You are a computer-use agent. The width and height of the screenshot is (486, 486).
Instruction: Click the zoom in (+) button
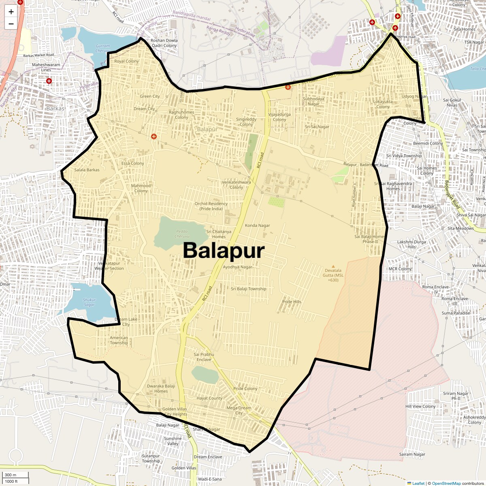point(11,12)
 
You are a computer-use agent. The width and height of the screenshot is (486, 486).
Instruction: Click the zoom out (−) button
point(11,23)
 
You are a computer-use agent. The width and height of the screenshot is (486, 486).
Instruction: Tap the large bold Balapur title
point(224,250)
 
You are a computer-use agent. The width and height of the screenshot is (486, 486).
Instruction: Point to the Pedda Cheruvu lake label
point(182,234)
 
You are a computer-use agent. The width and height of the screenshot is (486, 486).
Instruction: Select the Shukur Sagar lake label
point(89,302)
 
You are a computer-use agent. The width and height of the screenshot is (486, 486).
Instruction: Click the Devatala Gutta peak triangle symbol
point(333,266)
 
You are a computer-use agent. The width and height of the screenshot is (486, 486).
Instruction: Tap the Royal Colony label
point(126,61)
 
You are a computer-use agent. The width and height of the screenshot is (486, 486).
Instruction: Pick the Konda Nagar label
point(257,226)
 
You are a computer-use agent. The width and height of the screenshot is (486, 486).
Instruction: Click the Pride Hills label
point(292,302)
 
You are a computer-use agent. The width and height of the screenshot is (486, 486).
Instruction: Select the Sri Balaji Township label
point(249,289)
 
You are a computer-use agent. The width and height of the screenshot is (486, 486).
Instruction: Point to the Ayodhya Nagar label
point(238,267)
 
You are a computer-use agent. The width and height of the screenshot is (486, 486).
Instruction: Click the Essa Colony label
point(132,164)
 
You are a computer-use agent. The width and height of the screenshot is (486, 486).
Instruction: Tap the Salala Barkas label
point(87,170)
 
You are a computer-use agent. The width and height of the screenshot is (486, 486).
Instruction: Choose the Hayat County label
point(209,398)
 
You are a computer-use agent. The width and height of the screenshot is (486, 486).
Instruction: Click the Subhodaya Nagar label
point(313,101)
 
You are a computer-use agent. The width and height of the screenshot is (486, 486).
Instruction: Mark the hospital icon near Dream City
point(154,136)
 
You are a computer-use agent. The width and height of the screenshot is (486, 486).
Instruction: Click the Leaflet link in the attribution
point(418,483)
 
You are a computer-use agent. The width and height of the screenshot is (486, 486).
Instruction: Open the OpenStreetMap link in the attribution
point(446,483)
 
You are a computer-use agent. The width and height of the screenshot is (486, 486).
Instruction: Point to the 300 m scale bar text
point(11,475)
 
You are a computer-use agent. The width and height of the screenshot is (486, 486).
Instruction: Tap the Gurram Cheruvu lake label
point(103,48)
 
